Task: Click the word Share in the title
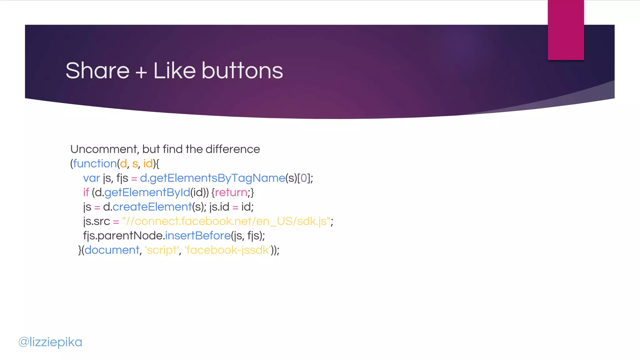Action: coord(97,71)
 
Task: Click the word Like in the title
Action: coord(174,71)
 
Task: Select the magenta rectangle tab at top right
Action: coord(566,30)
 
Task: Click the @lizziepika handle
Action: coord(50,342)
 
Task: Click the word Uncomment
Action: coord(104,149)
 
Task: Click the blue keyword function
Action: coord(95,164)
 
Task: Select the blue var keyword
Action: coord(91,178)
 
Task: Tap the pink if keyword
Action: coord(86,192)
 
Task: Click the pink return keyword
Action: coord(231,192)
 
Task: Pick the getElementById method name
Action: coord(147,192)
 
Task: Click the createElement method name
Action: coord(152,207)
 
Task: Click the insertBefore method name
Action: coord(198,236)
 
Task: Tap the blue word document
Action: coord(112,250)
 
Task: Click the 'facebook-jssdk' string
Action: coord(227,250)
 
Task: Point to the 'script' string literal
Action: coord(162,250)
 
